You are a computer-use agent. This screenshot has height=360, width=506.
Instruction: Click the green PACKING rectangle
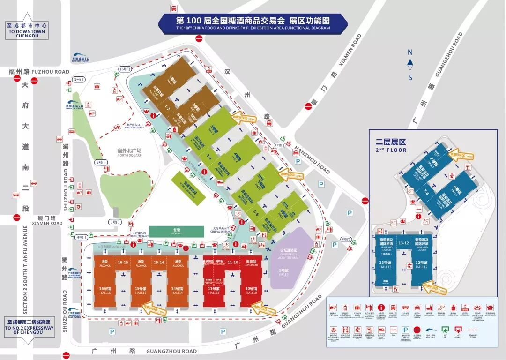[x=176, y=231]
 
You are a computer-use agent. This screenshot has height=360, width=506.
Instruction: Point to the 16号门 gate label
[x=124, y=69]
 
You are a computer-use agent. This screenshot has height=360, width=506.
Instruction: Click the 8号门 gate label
[x=346, y=240]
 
